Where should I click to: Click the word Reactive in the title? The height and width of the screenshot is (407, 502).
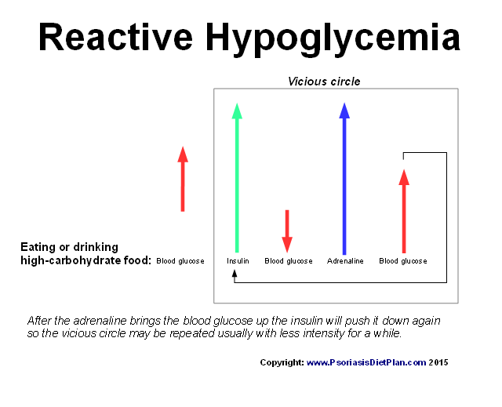(x=115, y=37)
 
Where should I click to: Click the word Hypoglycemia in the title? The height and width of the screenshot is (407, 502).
(x=333, y=40)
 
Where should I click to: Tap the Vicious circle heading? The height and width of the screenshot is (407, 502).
(x=324, y=82)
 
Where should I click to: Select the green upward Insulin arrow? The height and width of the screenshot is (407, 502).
(x=237, y=178)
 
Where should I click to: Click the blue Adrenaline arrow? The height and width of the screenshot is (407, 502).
(x=344, y=179)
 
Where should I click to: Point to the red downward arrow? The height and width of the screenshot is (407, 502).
(x=287, y=231)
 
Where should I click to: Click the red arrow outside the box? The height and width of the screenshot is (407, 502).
(x=183, y=179)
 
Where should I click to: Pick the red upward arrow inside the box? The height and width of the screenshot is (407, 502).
(x=404, y=211)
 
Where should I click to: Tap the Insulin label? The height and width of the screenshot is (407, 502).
(x=238, y=261)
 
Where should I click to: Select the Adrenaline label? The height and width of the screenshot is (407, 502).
(x=345, y=261)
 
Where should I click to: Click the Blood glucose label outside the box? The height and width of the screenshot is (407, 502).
(x=180, y=261)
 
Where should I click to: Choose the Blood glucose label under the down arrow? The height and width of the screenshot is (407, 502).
(x=289, y=261)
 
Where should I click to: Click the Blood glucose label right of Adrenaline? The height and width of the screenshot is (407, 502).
(x=403, y=261)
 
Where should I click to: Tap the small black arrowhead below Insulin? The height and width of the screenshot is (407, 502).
(x=235, y=273)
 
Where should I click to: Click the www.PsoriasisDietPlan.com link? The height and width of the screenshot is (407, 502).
(x=366, y=362)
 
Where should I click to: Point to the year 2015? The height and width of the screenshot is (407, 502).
(x=438, y=362)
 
